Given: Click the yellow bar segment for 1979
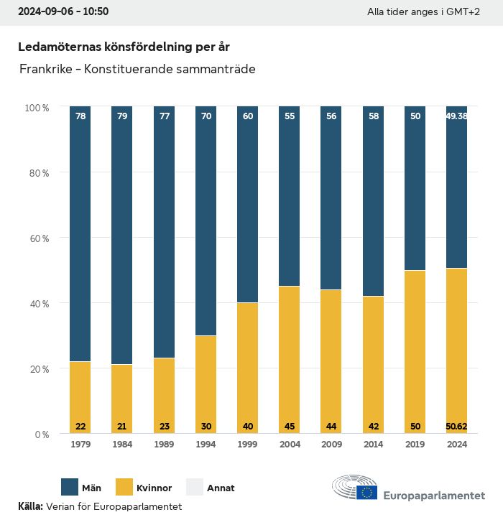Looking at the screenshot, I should (x=80, y=397).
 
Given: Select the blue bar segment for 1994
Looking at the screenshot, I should (x=206, y=221).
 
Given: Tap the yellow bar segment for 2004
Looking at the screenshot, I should (x=290, y=359).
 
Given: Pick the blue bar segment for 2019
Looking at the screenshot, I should (x=415, y=188).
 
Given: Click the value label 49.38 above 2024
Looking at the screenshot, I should (x=457, y=116).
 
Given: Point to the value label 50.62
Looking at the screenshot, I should (x=457, y=426).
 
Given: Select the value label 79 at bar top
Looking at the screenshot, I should (x=122, y=116).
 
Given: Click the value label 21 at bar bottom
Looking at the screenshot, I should (x=122, y=426).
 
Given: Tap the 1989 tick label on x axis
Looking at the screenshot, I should (x=164, y=445).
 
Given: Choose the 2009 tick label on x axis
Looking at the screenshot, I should (x=331, y=445).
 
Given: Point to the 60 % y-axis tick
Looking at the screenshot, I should (x=37, y=238).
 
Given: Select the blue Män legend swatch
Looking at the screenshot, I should (x=70, y=487).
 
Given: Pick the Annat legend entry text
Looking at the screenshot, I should (x=221, y=488).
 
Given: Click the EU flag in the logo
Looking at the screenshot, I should (x=367, y=492).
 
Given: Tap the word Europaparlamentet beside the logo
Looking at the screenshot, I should (x=434, y=495).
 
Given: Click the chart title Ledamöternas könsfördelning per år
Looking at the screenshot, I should (x=124, y=47).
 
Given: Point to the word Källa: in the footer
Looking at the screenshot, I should (x=30, y=506).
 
